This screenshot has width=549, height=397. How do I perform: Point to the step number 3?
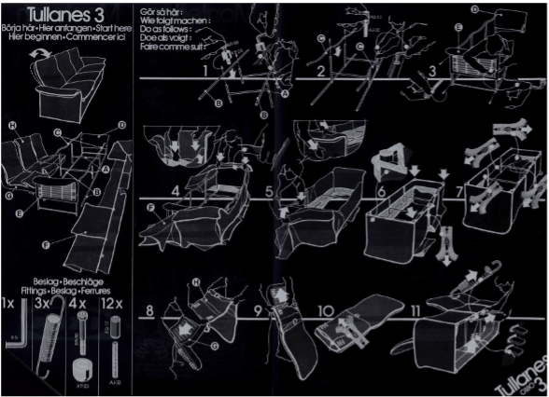coord(433,72)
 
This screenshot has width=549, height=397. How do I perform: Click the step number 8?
coord(149,309)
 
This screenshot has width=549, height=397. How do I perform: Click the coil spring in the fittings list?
coord(43,345)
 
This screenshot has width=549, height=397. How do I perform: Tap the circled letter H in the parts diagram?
coord(12,126)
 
